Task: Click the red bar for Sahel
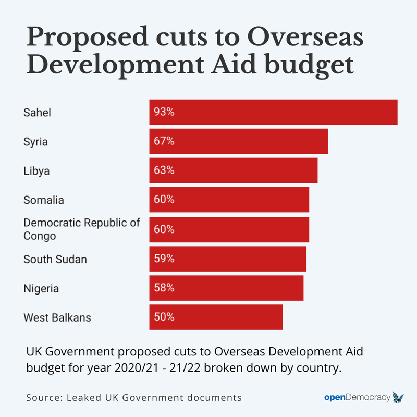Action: coord(273,112)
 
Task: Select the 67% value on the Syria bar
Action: coord(164,141)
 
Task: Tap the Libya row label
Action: coord(36,170)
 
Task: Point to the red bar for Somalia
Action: coord(229,200)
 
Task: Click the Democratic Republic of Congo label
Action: coord(81,229)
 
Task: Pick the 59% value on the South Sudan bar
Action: coord(164,259)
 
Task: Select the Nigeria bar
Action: coord(226,288)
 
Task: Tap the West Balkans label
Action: coord(57,317)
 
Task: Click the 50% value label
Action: coord(164,317)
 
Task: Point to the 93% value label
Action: coord(164,112)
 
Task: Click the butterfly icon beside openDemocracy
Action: coord(398,397)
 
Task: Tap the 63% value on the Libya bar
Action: coord(164,170)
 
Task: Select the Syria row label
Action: coord(35,141)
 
